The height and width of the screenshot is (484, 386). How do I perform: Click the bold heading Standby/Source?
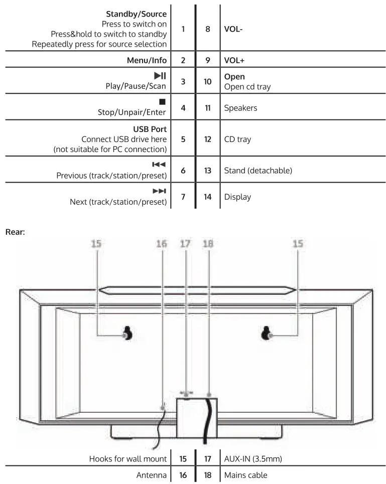[136, 14]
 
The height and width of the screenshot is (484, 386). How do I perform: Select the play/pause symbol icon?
[160, 76]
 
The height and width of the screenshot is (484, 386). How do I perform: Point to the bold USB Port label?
[149, 129]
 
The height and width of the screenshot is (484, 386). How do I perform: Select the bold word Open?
[234, 77]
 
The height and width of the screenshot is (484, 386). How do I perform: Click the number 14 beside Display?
[207, 197]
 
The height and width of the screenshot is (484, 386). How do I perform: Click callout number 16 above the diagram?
[161, 244]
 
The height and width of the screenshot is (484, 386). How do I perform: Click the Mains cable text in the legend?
[246, 474]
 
